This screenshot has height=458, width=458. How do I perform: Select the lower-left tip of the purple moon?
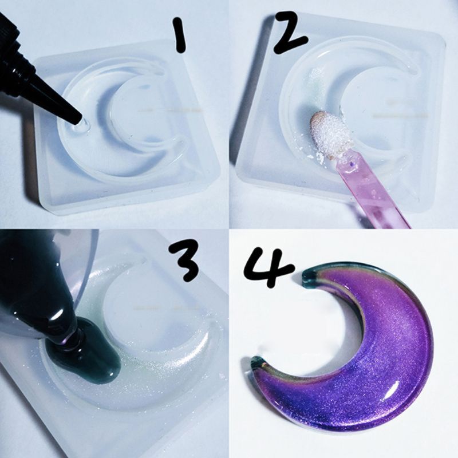[x=258, y=363]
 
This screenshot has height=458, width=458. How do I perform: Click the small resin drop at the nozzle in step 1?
[x=84, y=122]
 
